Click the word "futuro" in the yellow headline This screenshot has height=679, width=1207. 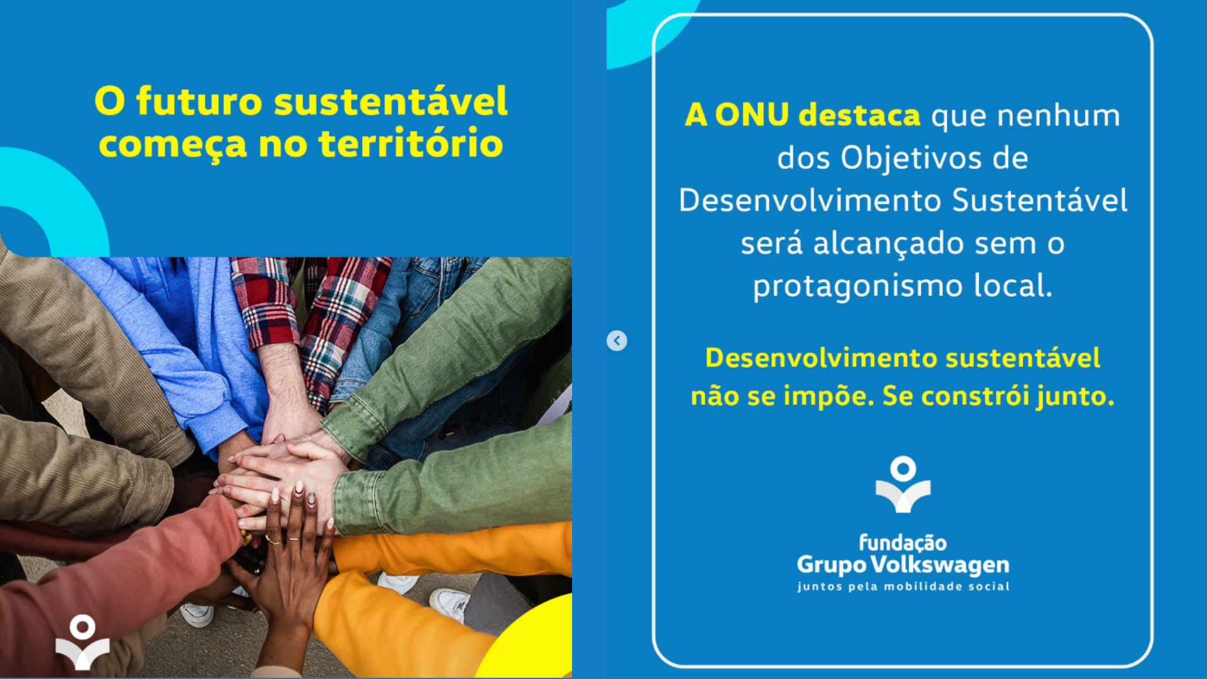tap(199, 101)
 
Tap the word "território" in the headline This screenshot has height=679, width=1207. tap(411, 143)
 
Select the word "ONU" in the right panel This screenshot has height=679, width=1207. tap(752, 115)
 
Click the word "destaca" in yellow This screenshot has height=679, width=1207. tap(859, 115)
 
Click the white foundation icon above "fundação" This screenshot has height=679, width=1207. tap(903, 485)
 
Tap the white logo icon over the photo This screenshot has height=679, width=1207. tap(82, 642)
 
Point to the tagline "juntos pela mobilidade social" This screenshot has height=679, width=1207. tap(903, 587)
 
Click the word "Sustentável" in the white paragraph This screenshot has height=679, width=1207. tap(1039, 201)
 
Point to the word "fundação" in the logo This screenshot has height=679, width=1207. tap(903, 543)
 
